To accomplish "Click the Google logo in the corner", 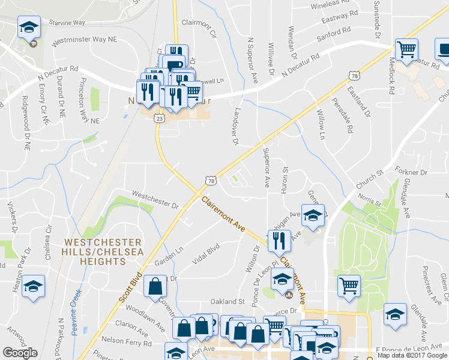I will pos(20,353).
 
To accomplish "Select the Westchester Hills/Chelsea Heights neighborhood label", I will pos(103,252).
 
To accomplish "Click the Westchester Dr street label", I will pos(155,200).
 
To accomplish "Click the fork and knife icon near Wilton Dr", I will pos(279,241).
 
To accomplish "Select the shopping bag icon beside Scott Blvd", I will pos(155,286).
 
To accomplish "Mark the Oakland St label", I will pos(228,301).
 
